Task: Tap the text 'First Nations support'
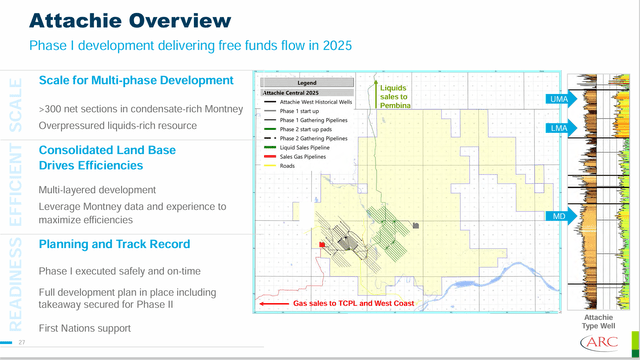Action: point(84,328)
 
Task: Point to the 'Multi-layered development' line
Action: point(98,189)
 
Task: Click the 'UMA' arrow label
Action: point(557,99)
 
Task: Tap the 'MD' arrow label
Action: point(557,216)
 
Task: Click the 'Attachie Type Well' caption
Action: point(598,321)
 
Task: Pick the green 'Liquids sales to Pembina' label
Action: point(401,95)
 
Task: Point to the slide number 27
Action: point(20,344)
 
